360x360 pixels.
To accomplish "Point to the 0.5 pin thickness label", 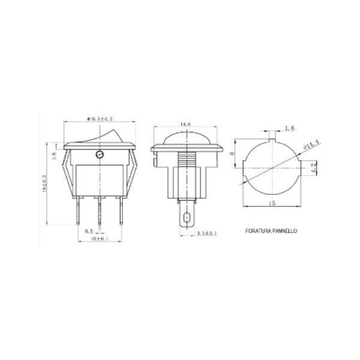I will (88, 230).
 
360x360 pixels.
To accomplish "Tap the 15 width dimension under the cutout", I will (272, 204).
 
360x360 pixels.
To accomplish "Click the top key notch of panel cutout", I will (272, 140).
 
